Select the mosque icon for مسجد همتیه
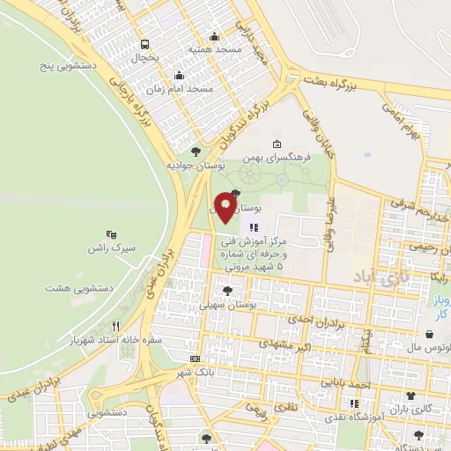[214, 37]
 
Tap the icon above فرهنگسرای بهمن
[277, 144]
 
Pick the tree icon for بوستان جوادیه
[195, 152]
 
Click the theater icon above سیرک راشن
[111, 234]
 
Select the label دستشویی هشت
[76, 287]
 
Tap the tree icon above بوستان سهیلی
[228, 290]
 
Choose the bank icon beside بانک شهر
[195, 359]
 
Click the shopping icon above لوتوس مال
[429, 335]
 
